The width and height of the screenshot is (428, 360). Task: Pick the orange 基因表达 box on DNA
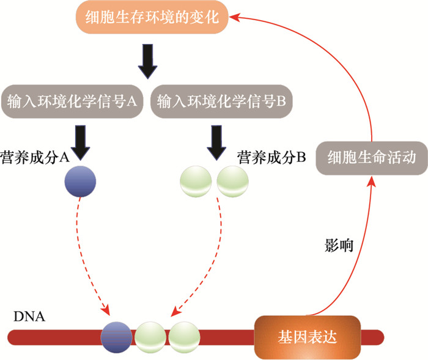[x=305, y=336]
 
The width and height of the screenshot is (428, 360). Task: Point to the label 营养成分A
[x=35, y=157]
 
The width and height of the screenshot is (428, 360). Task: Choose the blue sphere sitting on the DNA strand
[x=116, y=337]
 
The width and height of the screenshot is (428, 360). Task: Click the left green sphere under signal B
[x=195, y=182]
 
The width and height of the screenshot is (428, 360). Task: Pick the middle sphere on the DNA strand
[x=150, y=337]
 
